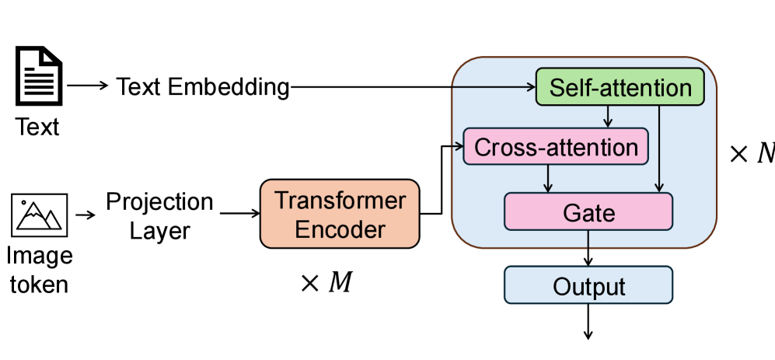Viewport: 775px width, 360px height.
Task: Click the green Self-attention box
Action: point(620,87)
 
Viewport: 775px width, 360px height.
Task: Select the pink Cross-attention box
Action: point(555,146)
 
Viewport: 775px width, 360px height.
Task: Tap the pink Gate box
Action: point(588,211)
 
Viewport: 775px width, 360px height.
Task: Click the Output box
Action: point(588,285)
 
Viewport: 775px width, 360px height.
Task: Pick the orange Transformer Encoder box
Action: point(340,215)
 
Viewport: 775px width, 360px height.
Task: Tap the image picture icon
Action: point(40,215)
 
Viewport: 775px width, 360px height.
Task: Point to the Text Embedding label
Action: point(203,87)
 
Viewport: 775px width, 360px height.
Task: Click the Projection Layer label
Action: point(159,215)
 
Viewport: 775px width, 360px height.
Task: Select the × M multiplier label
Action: point(326,282)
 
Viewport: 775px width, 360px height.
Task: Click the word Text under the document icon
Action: point(37,126)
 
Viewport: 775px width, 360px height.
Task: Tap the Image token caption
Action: point(39,270)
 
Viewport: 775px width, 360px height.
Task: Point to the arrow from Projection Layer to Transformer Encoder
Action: point(239,211)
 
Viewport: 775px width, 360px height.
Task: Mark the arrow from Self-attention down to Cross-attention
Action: point(609,117)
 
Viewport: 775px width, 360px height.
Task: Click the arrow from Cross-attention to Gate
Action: point(549,178)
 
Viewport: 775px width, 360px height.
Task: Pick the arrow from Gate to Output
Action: point(588,248)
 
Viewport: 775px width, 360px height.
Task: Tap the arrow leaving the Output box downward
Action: point(588,320)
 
